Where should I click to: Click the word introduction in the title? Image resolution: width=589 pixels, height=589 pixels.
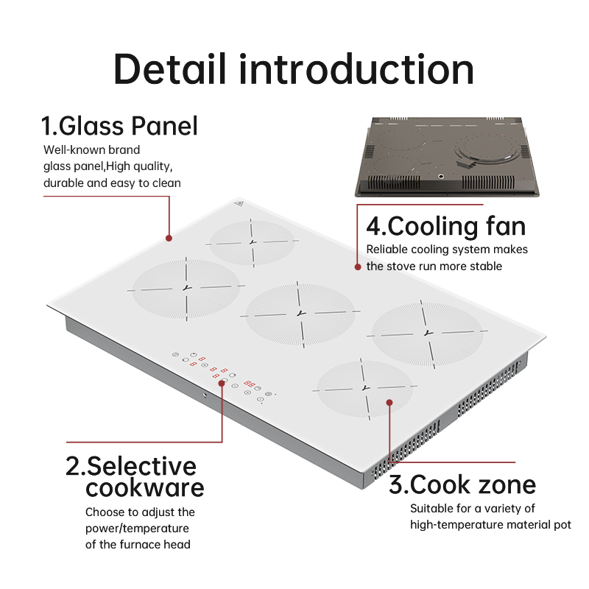pos(356,68)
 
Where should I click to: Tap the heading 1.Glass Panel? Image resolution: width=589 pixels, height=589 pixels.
pos(119,126)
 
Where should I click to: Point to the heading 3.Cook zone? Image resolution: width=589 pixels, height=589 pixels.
pos(462,484)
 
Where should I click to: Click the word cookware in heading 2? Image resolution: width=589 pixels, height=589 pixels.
pos(145,487)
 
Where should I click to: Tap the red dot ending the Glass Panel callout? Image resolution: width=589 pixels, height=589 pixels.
pos(169,238)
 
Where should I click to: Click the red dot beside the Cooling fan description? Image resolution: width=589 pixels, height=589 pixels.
pos(358,267)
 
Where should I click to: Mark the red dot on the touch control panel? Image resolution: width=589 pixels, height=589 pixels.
pos(222,383)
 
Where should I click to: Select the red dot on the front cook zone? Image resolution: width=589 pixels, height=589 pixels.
pos(389,403)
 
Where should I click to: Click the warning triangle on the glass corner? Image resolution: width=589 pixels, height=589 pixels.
pos(239,204)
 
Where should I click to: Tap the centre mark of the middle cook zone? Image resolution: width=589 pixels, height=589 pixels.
pos(300,313)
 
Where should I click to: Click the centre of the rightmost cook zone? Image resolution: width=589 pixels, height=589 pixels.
pos(428,333)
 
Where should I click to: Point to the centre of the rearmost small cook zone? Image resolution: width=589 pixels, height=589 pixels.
pos(253,242)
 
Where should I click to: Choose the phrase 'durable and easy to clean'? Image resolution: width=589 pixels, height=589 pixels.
pos(112,183)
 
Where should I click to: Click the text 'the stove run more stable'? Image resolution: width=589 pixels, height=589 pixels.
pos(434,267)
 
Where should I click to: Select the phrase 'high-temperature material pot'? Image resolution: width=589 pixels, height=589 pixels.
pos(490,525)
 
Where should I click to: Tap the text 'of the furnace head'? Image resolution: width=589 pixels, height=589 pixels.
pos(138,544)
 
